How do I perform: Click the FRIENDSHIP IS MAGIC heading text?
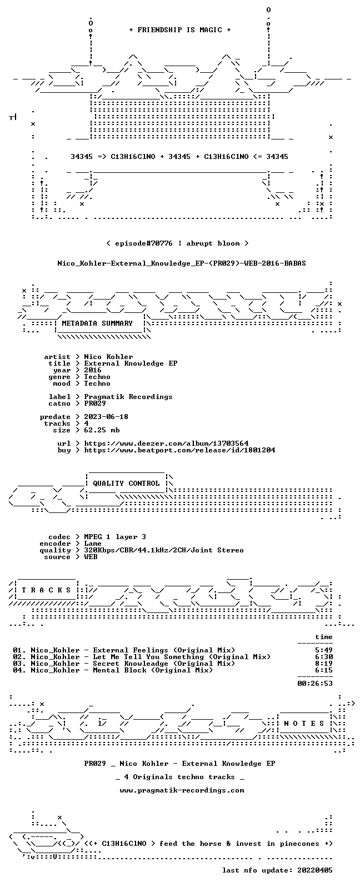[180, 30]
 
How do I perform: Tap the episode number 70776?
[162, 243]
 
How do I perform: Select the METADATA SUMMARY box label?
[97, 323]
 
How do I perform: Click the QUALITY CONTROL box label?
[126, 484]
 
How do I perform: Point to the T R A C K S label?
[46, 590]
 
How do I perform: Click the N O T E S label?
[304, 724]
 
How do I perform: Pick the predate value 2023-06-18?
[106, 417]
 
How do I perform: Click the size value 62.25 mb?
[102, 430]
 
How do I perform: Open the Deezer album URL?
[166, 443]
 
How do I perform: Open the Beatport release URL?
[180, 450]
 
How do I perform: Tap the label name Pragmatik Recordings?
[128, 397]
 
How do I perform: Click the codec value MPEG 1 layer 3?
[115, 537]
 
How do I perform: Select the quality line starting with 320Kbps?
[164, 550]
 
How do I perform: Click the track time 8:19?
[324, 664]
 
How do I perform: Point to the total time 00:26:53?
[315, 684]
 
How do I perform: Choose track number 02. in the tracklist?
[19, 657]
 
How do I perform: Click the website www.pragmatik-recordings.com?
[182, 790]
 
